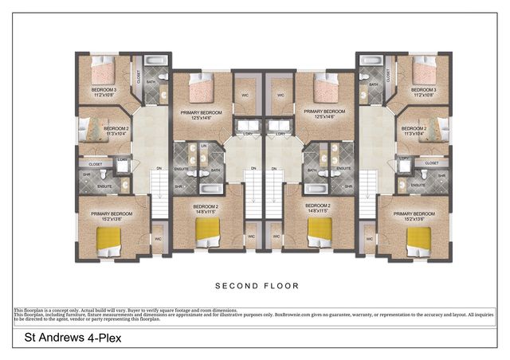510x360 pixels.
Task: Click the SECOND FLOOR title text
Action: pyautogui.click(x=255, y=284)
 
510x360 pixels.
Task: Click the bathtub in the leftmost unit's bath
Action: pyautogui.click(x=156, y=61)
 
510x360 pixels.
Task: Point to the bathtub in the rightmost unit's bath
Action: pyautogui.click(x=370, y=61)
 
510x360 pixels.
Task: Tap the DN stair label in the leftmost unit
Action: pyautogui.click(x=159, y=168)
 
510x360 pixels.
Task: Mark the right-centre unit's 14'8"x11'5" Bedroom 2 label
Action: pyautogui.click(x=318, y=209)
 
